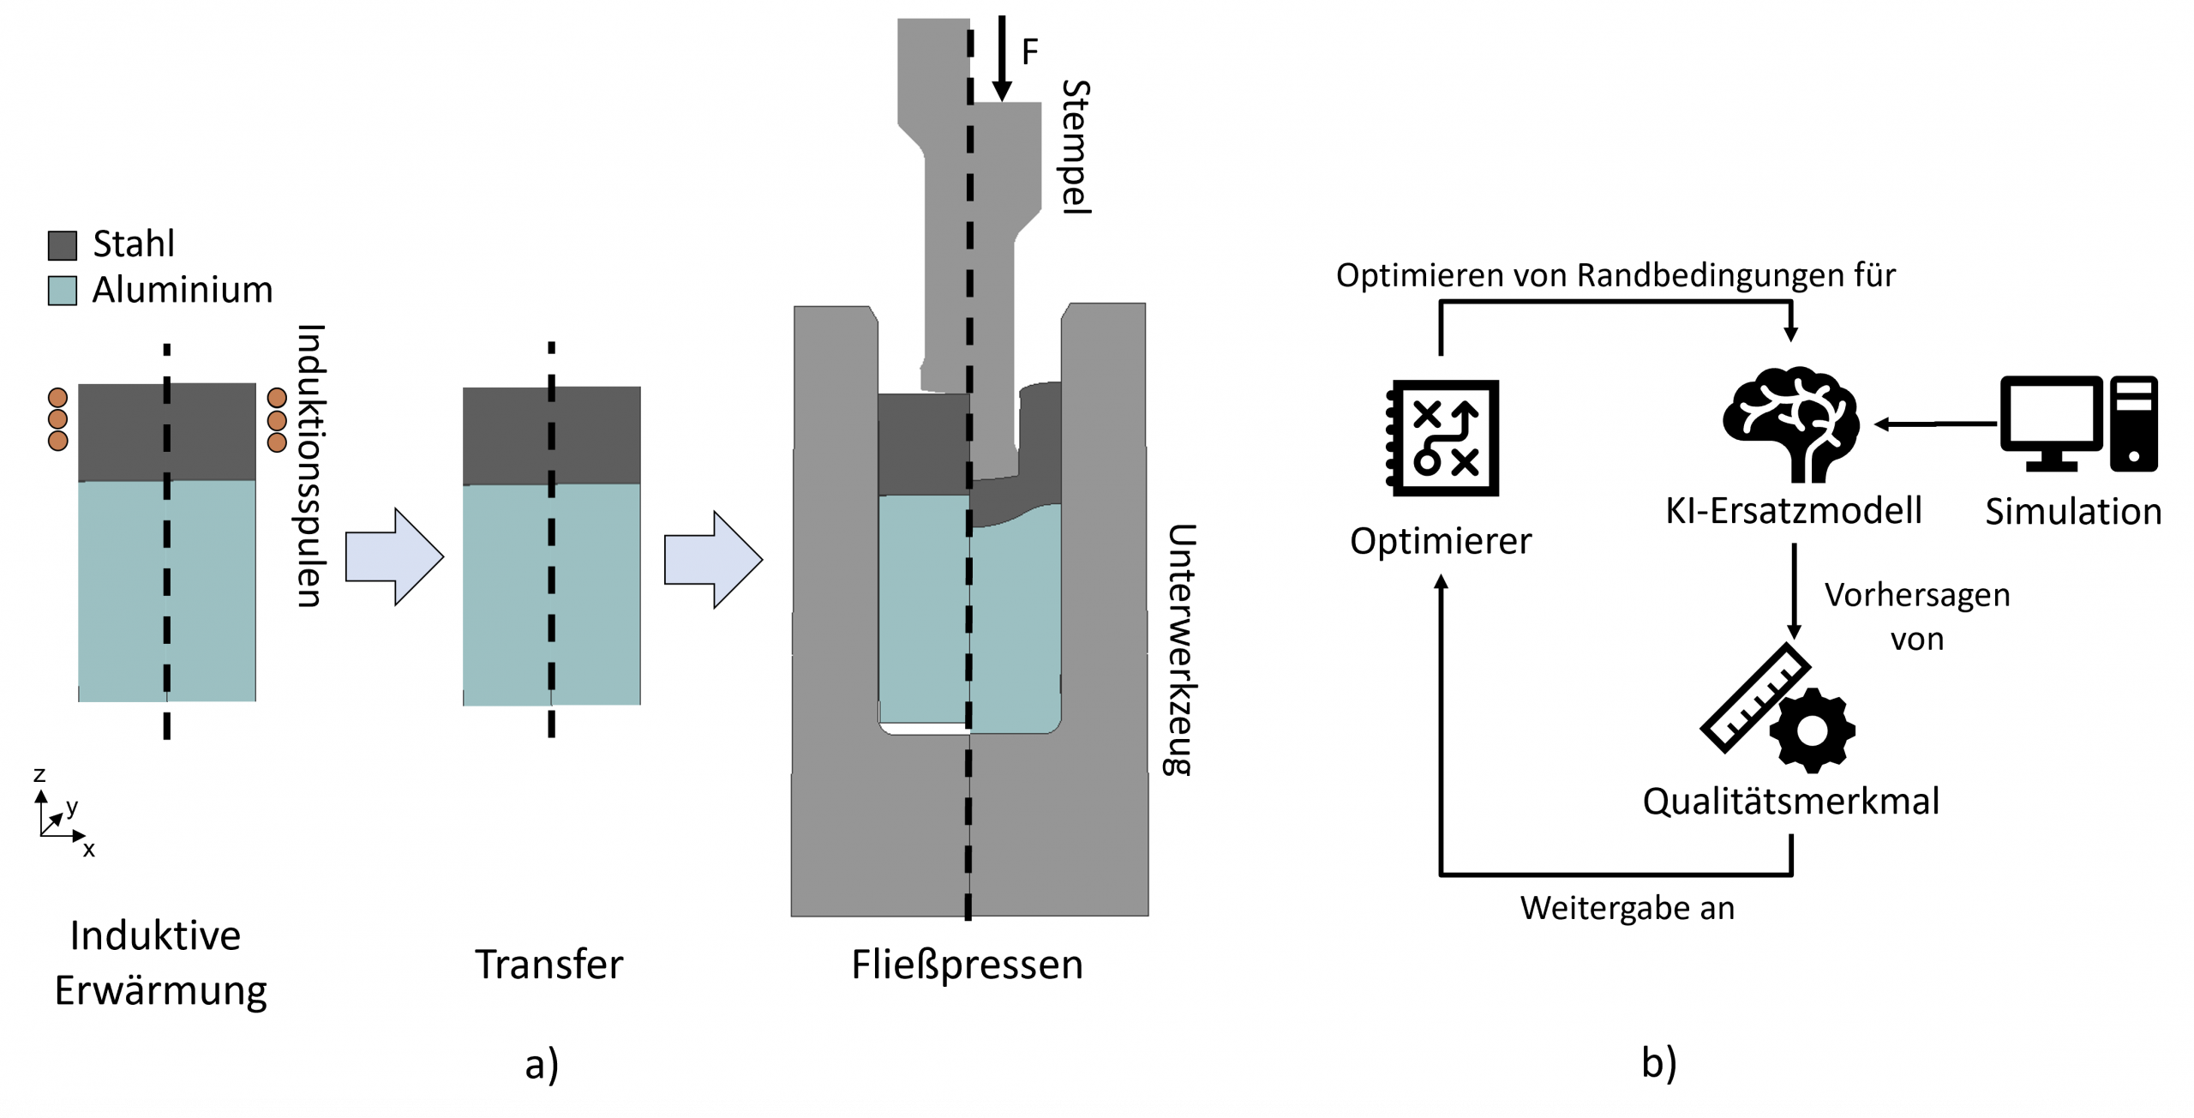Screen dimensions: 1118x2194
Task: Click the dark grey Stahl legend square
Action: click(63, 245)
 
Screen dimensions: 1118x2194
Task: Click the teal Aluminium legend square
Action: click(63, 291)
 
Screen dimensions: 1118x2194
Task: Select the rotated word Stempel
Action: click(1076, 147)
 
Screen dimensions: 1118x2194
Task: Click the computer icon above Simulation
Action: click(2078, 424)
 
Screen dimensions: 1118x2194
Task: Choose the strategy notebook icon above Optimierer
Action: click(1443, 438)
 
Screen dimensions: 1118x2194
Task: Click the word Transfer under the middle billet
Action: click(549, 965)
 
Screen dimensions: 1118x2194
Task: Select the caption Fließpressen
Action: click(967, 965)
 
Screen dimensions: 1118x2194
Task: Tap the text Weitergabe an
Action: click(1627, 908)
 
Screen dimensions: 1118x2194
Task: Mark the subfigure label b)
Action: click(1658, 1063)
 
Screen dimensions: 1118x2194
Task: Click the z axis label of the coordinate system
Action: click(39, 775)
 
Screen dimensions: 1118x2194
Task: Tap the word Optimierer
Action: click(1441, 541)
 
